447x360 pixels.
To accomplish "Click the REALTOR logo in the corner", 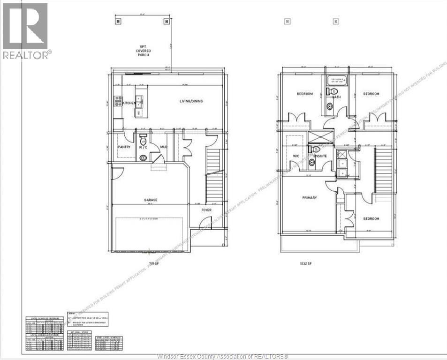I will pos(25,31).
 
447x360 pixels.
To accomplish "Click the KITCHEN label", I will pos(129,103).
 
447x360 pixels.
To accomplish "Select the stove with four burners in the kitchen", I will pos(118,101).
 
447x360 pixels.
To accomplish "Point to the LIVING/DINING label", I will pos(191,101).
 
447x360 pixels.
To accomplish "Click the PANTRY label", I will pos(124,147).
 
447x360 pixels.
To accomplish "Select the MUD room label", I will pos(164,147).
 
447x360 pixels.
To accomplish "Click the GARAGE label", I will pos(150,200).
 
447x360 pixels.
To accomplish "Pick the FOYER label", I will pos(206,210).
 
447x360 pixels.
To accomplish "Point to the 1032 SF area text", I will pos(306,264).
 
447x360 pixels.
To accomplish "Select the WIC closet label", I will pos(295,156).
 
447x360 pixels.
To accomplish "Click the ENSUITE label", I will pos(320,156).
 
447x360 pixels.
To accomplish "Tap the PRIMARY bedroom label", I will pos(309,198).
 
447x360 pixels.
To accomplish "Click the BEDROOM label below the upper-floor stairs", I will pos(371,218).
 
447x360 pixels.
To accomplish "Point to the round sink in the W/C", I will pos(143,158).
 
